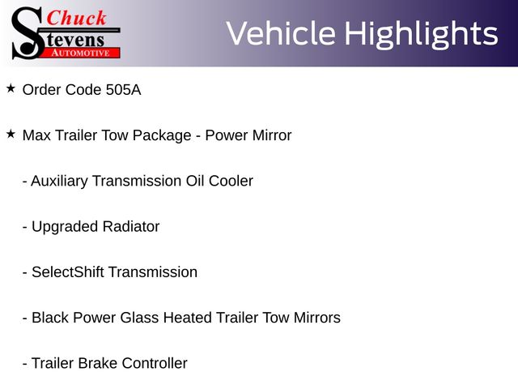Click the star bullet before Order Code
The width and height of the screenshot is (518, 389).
(11, 88)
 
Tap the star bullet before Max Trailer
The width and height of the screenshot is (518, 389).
(11, 134)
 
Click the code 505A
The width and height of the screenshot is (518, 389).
(123, 90)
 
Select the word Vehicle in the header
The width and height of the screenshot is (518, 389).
(281, 33)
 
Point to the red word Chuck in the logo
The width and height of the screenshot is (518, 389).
(76, 18)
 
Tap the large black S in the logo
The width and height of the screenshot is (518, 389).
(28, 33)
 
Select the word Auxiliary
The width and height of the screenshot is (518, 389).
(59, 182)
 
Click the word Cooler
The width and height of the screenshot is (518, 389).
(231, 181)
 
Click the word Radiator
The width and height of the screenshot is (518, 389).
(131, 227)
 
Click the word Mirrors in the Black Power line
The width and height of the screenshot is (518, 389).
(317, 318)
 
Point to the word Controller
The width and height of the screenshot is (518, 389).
(155, 363)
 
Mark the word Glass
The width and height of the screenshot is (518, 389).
(139, 318)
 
